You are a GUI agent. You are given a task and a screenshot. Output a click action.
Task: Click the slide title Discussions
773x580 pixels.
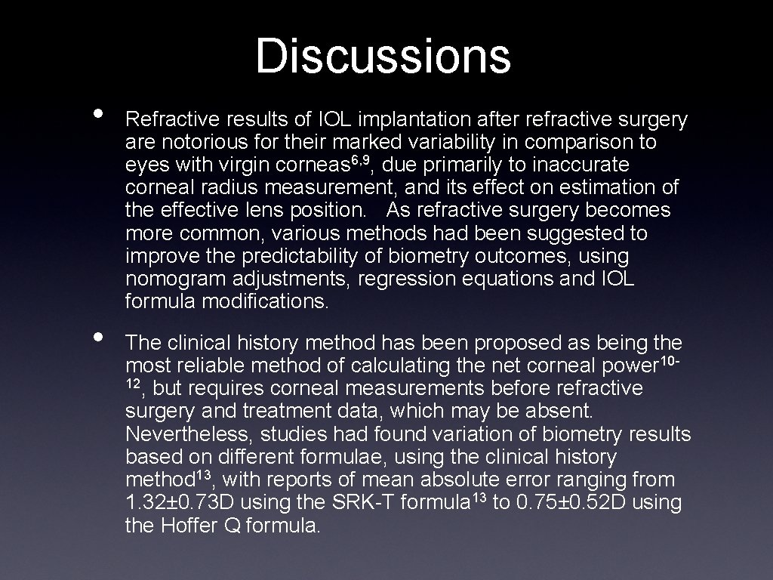coord(383,56)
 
